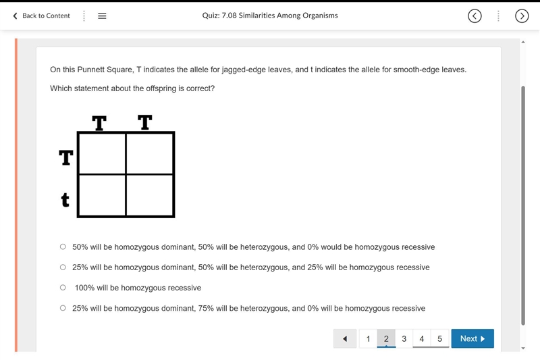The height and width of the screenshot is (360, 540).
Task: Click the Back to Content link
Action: pyautogui.click(x=41, y=16)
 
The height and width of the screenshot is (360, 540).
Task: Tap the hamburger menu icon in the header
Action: pyautogui.click(x=102, y=16)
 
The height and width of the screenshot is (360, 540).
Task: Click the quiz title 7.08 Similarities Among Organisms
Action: pyautogui.click(x=270, y=16)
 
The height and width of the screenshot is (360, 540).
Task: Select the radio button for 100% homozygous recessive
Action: pyautogui.click(x=63, y=287)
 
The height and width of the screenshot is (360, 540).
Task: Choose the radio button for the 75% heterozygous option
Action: pyautogui.click(x=63, y=308)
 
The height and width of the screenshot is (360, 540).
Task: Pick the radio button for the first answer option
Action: pyautogui.click(x=63, y=247)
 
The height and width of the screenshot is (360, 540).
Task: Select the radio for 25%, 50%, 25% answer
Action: pyautogui.click(x=63, y=267)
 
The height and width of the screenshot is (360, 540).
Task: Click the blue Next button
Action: pyautogui.click(x=473, y=338)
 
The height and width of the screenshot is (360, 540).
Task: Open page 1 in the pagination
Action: pyautogui.click(x=368, y=338)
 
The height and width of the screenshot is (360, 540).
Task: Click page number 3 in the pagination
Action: pyautogui.click(x=404, y=338)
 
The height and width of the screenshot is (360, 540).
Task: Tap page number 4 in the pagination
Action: pyautogui.click(x=421, y=338)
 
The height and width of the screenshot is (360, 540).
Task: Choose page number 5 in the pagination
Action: pyautogui.click(x=440, y=338)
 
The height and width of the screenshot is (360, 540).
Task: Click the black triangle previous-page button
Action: pyautogui.click(x=345, y=338)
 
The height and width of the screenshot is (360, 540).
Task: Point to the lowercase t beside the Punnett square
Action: pyautogui.click(x=65, y=200)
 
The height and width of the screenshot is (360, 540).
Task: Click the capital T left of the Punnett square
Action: pyautogui.click(x=65, y=157)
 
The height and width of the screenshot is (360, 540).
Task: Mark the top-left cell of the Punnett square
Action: pyautogui.click(x=103, y=153)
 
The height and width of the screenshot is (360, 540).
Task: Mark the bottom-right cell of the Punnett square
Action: pyautogui.click(x=149, y=195)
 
